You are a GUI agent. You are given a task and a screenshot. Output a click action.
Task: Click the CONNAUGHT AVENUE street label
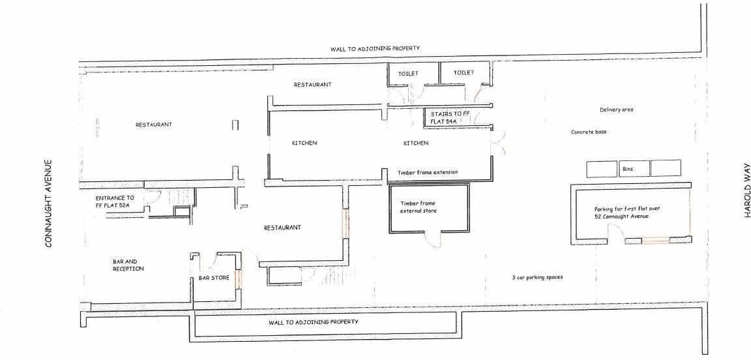[x=48, y=204]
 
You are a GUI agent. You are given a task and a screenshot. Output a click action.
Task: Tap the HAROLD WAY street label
[x=748, y=191]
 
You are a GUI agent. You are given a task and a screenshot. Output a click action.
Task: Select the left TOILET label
[x=408, y=73]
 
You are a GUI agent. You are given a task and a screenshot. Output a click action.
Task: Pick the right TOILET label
[x=464, y=72]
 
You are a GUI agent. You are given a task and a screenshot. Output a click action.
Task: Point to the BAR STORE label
[x=214, y=278]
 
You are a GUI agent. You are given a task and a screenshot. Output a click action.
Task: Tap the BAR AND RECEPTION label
[x=128, y=265]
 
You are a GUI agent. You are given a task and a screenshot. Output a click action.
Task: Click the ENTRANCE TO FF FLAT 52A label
[x=115, y=202]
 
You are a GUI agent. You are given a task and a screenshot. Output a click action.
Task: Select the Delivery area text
[x=616, y=110]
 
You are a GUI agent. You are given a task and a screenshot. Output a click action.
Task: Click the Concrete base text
[x=589, y=132]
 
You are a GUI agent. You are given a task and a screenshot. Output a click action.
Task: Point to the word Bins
[x=626, y=168]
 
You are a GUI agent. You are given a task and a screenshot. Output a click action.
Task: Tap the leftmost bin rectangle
[x=602, y=168]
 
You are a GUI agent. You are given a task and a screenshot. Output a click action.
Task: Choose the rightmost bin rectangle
[x=665, y=168]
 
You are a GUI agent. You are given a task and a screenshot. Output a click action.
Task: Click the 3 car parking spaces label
[x=537, y=277]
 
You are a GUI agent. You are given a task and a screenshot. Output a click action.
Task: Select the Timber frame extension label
[x=427, y=172]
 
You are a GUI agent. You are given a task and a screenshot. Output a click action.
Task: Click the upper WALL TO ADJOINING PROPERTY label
[x=374, y=49]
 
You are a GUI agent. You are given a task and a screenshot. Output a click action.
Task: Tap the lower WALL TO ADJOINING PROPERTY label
[x=314, y=322]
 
